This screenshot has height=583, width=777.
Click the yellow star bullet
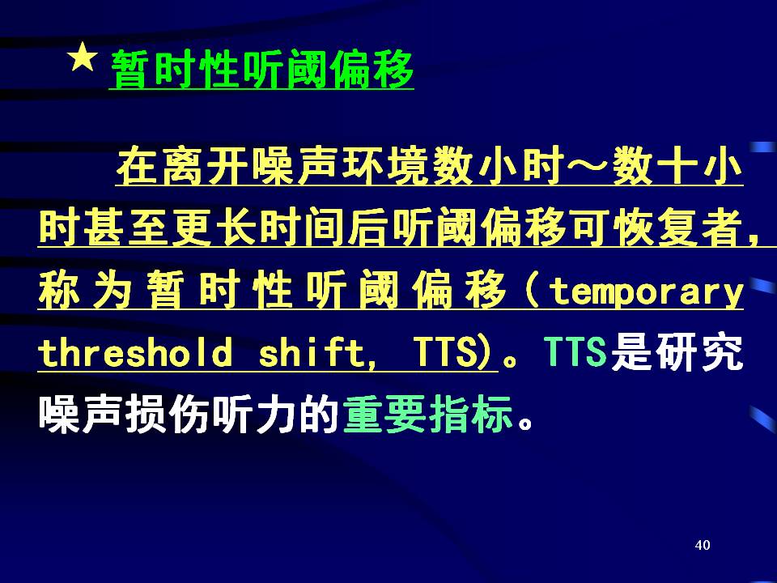[83, 57]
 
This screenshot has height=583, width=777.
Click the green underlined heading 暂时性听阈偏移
[261, 70]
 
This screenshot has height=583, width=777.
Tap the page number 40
[703, 545]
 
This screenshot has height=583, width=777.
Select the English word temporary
[647, 292]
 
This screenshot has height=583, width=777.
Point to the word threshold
[135, 351]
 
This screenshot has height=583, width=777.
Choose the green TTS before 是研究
[575, 351]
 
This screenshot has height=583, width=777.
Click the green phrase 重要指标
[427, 415]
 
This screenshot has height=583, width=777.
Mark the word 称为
[84, 290]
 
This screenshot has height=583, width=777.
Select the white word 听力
[253, 415]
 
